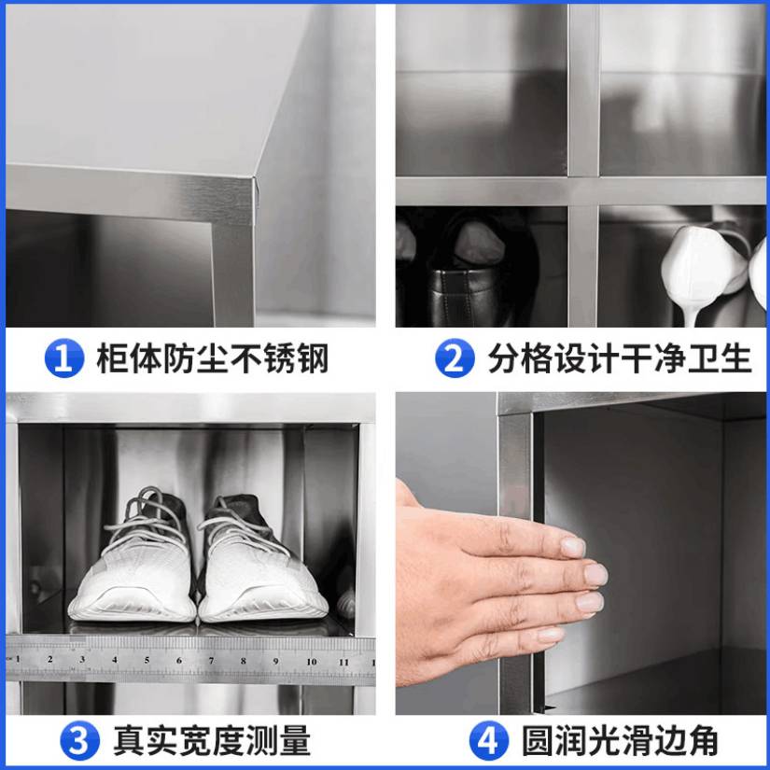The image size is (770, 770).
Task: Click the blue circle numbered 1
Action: coord(63,358)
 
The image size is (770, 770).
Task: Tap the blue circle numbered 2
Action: coord(455,358)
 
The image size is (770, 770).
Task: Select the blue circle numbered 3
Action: coord(79,741)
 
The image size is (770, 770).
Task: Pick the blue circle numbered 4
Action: coord(488,741)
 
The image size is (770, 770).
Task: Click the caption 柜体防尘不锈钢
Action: coord(212,358)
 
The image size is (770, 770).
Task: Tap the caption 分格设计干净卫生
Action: coord(620,358)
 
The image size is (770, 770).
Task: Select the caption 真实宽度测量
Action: coord(212,741)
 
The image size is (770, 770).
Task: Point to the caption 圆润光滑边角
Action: coord(620,741)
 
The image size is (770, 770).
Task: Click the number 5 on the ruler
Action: coord(147,661)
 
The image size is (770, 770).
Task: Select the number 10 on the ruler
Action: coord(312,662)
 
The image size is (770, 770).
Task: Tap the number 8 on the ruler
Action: coord(244,661)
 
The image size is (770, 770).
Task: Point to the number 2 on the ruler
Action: coord(50,660)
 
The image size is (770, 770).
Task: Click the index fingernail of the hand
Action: coord(573,547)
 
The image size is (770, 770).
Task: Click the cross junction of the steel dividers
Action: coord(583,190)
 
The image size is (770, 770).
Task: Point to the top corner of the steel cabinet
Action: coord(256,177)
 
